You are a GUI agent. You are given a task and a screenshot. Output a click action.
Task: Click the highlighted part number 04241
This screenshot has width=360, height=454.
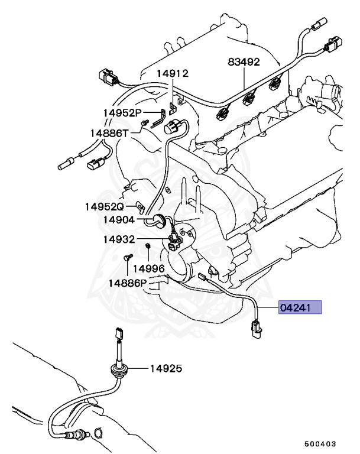coord(301,307)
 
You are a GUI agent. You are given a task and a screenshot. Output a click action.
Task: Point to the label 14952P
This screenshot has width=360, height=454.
coord(122,112)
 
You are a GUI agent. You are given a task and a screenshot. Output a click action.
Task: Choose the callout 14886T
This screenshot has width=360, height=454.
coord(109,133)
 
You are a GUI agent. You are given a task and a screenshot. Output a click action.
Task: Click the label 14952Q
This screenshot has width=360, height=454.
coord(104,207)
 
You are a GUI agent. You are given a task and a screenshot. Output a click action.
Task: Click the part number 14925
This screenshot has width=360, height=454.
coord(166,368)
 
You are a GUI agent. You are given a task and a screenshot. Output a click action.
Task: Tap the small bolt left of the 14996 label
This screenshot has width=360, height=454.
coord(126,258)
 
